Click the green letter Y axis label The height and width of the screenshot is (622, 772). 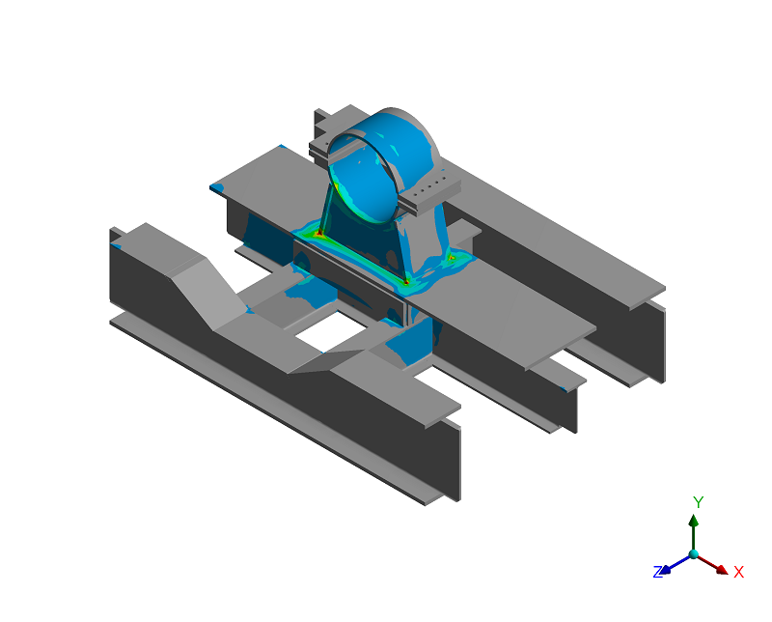(x=698, y=502)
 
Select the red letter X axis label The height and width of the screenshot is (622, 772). (x=738, y=572)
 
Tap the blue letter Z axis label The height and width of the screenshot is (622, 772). (x=658, y=572)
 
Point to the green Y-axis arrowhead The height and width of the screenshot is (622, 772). (x=694, y=521)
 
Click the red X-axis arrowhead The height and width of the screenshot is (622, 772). (x=722, y=569)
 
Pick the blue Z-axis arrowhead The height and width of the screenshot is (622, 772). (x=665, y=569)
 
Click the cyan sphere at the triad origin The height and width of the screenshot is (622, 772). (x=694, y=554)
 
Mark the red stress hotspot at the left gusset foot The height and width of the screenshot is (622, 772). (x=319, y=233)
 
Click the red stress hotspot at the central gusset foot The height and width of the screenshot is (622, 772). (x=405, y=282)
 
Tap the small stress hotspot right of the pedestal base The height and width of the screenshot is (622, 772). (x=451, y=257)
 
